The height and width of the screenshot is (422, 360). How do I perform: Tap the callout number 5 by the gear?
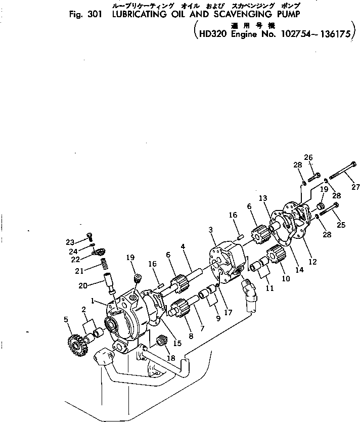point(66,319)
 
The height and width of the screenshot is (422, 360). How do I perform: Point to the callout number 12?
point(313,262)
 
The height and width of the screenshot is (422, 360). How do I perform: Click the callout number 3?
point(210,231)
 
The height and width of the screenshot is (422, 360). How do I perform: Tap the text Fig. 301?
point(85,15)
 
